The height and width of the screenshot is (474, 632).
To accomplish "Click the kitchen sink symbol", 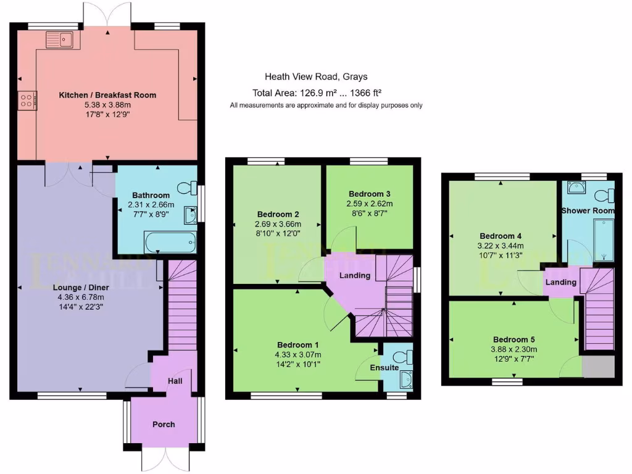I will (59, 41).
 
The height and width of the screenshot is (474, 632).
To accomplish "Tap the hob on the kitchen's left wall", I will (28, 101).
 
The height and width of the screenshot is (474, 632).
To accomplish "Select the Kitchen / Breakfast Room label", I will (107, 95).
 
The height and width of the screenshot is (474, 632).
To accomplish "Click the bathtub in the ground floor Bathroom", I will (170, 242).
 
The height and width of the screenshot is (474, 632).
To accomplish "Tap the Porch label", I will (164, 424).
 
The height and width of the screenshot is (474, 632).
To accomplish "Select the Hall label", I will (175, 382).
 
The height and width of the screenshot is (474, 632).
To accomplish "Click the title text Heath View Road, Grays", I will (316, 77).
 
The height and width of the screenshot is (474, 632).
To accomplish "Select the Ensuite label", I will (385, 368).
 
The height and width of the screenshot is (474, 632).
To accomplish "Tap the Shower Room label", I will (588, 210).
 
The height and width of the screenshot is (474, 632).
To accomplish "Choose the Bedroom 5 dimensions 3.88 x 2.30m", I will (513, 349).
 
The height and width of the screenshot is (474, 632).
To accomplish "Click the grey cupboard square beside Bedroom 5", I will (599, 366).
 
